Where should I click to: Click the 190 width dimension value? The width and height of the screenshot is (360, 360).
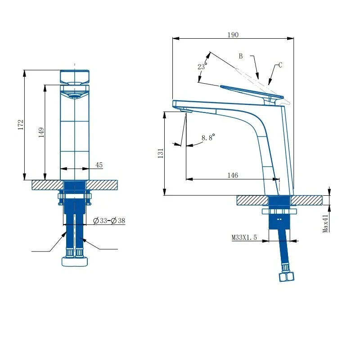pos(233,35)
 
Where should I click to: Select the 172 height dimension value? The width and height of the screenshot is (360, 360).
pos(21,125)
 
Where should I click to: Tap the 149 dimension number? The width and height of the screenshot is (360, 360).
pos(41,132)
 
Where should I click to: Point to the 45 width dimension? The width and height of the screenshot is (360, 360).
pos(99,165)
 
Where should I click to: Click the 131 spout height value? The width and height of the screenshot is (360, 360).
pos(161,153)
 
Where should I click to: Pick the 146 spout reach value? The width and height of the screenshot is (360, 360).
pos(233,175)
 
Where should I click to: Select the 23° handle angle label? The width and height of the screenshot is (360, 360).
pos(202,66)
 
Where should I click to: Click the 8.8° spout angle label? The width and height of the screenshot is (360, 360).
pos(208,137)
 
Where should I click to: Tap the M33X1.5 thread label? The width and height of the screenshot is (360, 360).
pos(244,237)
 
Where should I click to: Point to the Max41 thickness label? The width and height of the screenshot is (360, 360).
pos(325,224)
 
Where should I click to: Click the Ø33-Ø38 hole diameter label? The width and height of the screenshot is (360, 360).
pos(109,220)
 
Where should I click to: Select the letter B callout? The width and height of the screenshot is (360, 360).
pos(241,56)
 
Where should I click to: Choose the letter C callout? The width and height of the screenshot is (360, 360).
pos(280,65)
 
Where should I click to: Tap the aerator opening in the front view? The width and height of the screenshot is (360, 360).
pos(75,96)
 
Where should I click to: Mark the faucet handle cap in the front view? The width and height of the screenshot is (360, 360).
pos(75,76)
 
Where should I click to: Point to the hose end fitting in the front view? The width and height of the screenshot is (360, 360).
pos(75,261)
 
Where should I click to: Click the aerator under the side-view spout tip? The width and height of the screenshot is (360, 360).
pos(186,111)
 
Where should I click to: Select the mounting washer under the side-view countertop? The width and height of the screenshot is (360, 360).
pos(279,211)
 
